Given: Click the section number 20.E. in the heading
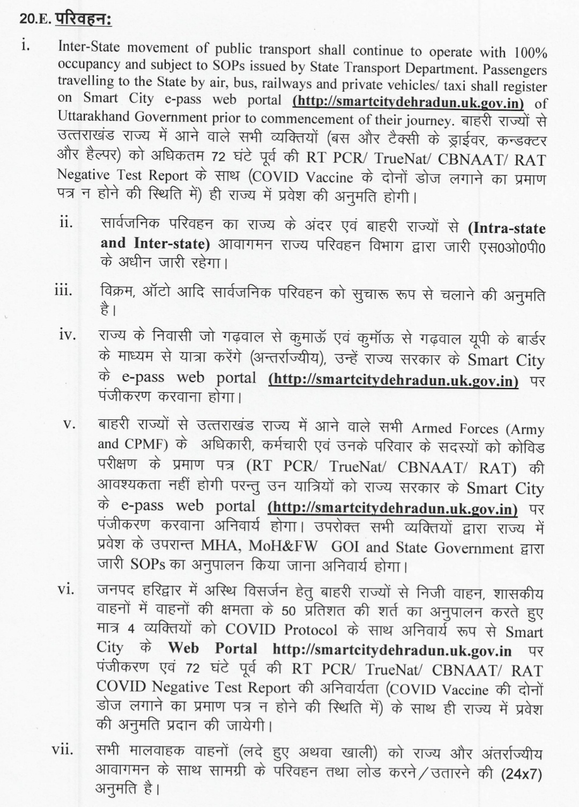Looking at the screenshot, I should tap(35, 19).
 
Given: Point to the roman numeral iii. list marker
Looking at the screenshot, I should tap(64, 291).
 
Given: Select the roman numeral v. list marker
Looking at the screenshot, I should tap(69, 423).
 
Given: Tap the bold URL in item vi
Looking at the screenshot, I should tap(391, 651).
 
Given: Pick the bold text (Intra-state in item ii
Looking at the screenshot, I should tap(507, 228).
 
